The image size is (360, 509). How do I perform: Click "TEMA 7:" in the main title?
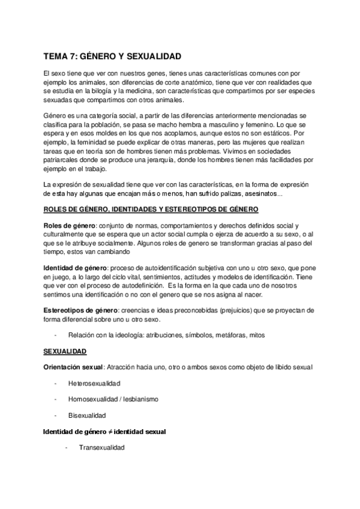coord(61,56)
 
